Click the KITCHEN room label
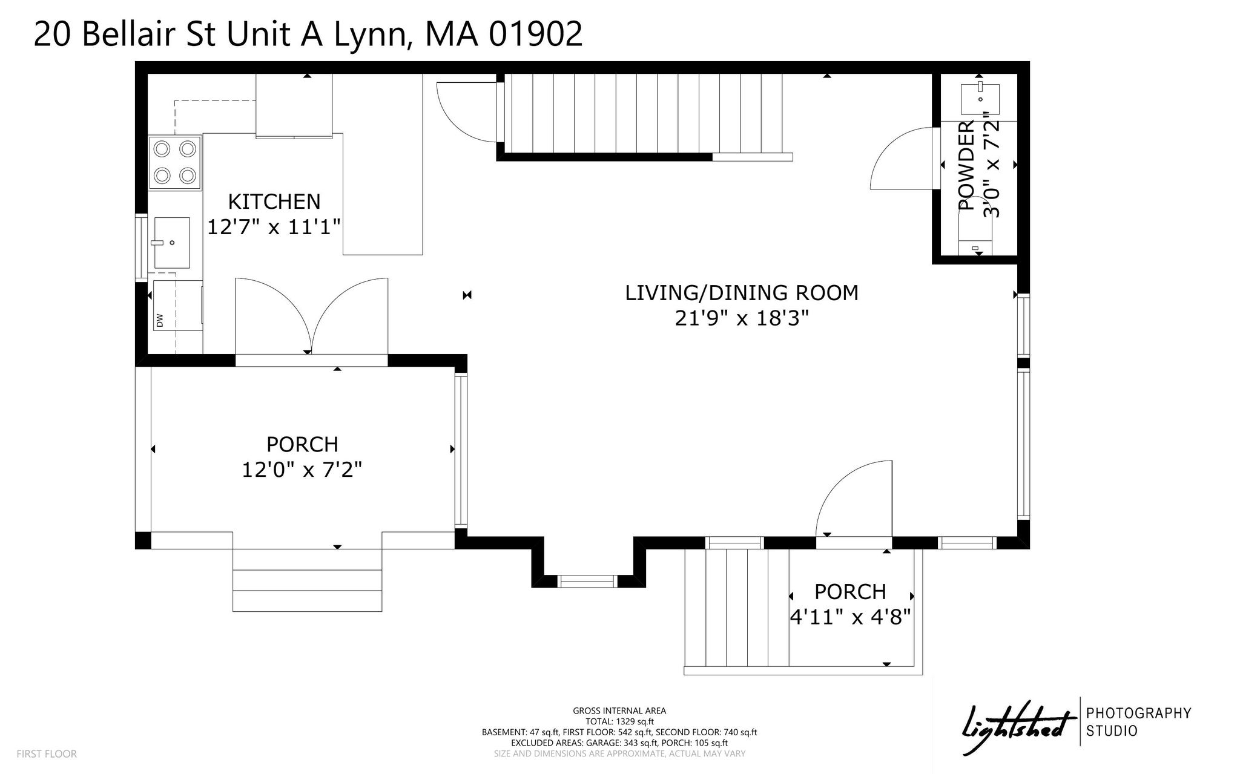pos(274,202)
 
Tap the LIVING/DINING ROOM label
pos(742,293)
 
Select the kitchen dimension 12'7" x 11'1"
pos(274,228)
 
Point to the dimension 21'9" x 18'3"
pos(742,318)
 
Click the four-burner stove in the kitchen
pos(175,162)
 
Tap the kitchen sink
pos(171,243)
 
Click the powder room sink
pos(980,99)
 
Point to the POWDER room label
pos(968,165)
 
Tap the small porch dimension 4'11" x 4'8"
pos(851,617)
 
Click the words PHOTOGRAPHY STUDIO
pos(1139,722)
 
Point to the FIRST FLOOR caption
pos(47,754)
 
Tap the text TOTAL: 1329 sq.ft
pos(619,721)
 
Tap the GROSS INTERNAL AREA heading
pos(619,711)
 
